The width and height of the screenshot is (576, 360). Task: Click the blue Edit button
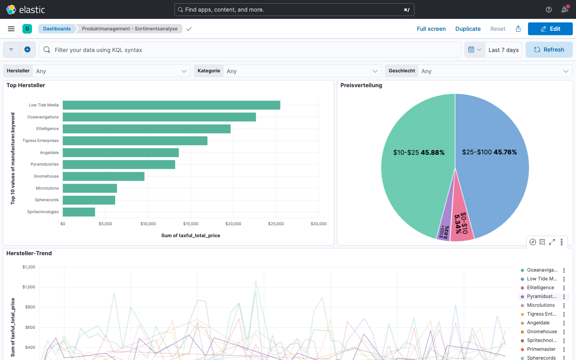coord(550,29)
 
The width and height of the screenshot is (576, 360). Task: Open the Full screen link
coord(431,29)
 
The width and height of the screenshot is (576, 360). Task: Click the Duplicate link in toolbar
coord(468,29)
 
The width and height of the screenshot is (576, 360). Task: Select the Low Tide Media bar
coord(171,105)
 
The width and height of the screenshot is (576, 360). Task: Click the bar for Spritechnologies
coord(79,212)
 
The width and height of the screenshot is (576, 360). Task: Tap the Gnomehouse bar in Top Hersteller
coord(104,176)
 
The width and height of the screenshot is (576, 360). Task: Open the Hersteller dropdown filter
coord(111,71)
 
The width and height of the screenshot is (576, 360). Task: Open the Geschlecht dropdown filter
coord(494,71)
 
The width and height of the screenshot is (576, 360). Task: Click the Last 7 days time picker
coord(503,50)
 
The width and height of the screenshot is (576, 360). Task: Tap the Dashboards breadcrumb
coord(57,29)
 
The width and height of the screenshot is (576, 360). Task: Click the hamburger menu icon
coord(11,29)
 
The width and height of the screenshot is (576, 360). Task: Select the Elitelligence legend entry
coord(540,288)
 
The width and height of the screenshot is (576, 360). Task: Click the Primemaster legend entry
coord(541,349)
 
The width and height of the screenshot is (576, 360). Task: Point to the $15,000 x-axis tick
coord(191,224)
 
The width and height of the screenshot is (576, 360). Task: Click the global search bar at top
coord(294,10)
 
